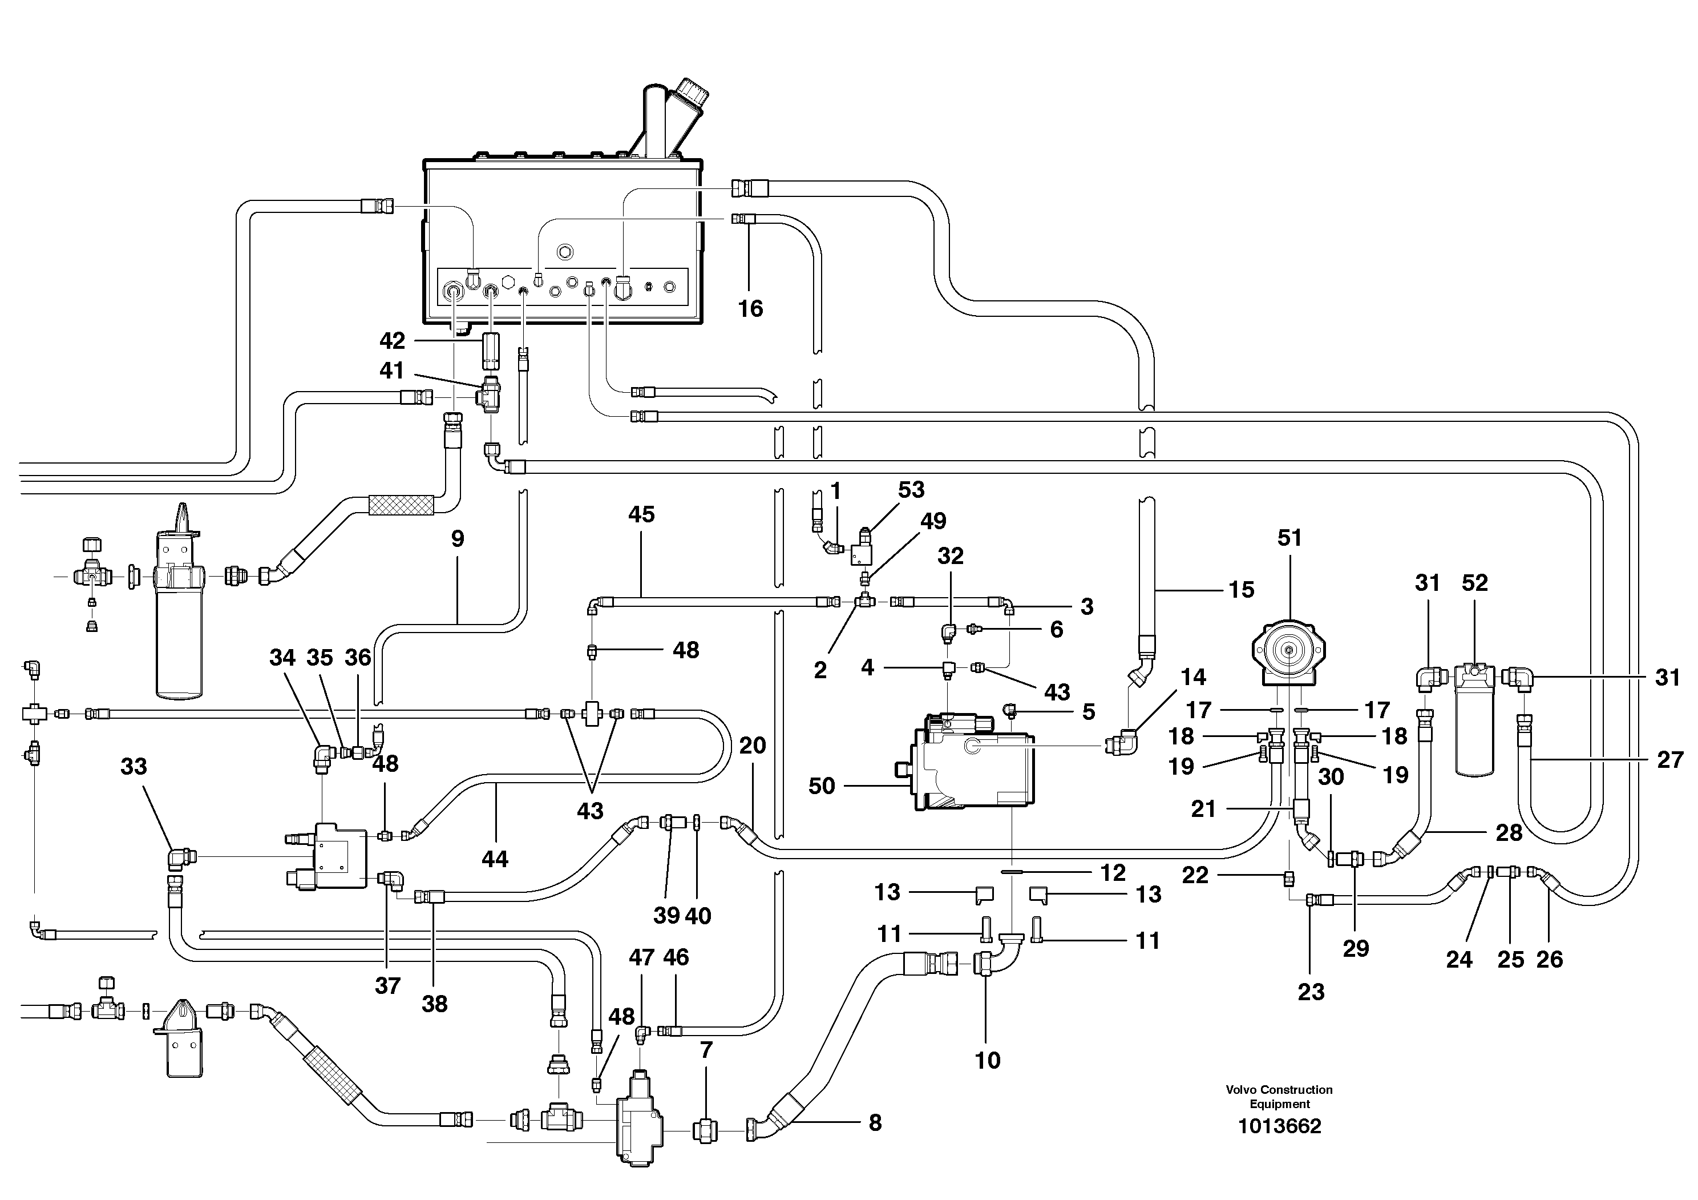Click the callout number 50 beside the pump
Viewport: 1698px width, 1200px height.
coord(822,786)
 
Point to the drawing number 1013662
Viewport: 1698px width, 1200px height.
coord(1279,1126)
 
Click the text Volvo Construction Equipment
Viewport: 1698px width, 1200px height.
coord(1279,1097)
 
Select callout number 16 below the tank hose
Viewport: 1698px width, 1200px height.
coord(750,308)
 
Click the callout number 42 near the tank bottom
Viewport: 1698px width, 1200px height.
coord(392,340)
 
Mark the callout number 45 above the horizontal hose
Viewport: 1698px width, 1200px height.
coord(641,514)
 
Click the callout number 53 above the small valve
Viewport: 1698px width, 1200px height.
coord(911,489)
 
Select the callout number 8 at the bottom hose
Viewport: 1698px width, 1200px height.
coord(875,1123)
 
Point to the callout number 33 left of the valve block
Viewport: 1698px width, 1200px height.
coord(134,767)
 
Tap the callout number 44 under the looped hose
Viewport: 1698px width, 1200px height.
coord(495,859)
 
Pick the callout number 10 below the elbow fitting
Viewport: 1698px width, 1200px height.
coord(987,1060)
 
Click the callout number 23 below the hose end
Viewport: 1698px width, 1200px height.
coord(1311,992)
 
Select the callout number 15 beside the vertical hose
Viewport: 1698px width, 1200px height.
coord(1242,590)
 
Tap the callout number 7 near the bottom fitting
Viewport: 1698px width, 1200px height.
coord(706,1050)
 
